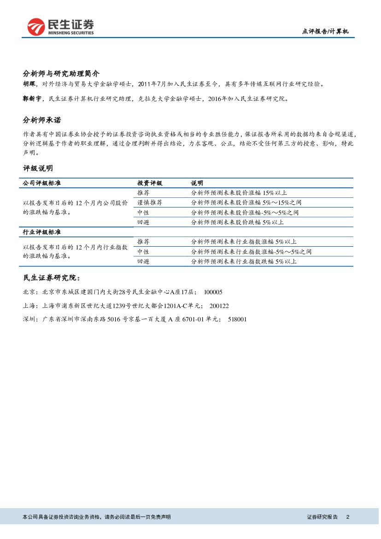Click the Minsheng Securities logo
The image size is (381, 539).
click(60, 27)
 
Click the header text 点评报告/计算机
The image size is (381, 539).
click(325, 31)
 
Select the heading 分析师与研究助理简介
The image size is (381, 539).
click(61, 73)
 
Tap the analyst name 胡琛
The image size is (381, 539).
click(29, 84)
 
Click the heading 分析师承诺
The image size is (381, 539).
click(41, 120)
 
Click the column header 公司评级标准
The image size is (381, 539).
click(41, 183)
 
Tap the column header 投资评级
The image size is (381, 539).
click(150, 183)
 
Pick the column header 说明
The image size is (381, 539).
click(197, 183)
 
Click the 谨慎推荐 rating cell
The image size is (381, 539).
click(150, 202)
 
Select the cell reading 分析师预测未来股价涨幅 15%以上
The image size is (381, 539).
click(239, 193)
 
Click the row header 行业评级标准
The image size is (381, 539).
click(41, 231)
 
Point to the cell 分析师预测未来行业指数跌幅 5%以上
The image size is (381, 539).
click(244, 261)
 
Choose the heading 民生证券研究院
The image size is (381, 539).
click(52, 278)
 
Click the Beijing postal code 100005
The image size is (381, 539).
click(213, 292)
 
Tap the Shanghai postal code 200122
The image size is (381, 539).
click(219, 306)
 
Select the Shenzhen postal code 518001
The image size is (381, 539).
click(237, 319)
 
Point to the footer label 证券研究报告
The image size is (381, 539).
click(322, 517)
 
